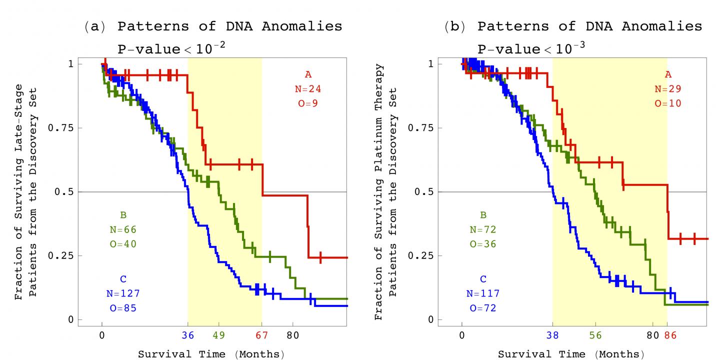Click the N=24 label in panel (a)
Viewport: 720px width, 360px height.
tap(307, 89)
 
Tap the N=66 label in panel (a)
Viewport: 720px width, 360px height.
tap(123, 229)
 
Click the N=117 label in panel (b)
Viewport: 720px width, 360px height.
tap(483, 294)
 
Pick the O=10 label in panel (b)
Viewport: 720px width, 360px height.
tap(668, 104)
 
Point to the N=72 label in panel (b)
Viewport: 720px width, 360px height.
tap(483, 229)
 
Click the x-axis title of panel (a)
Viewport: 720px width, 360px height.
tap(211, 354)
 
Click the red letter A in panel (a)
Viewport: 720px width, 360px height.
tap(308, 75)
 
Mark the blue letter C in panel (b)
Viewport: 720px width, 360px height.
tap(483, 279)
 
